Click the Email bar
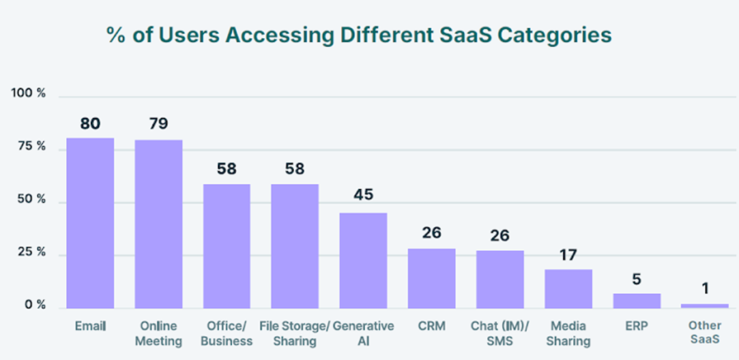90,223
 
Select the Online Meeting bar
159,224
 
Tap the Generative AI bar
363,260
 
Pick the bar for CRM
431,277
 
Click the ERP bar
637,300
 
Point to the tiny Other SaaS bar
704,306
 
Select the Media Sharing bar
568,288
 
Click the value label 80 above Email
90,124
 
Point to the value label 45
363,195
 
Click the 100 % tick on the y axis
29,93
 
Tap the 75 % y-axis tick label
29,146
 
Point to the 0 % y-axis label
34,305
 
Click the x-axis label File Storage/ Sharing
296,333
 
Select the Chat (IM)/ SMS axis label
500,333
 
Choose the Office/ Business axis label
227,333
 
